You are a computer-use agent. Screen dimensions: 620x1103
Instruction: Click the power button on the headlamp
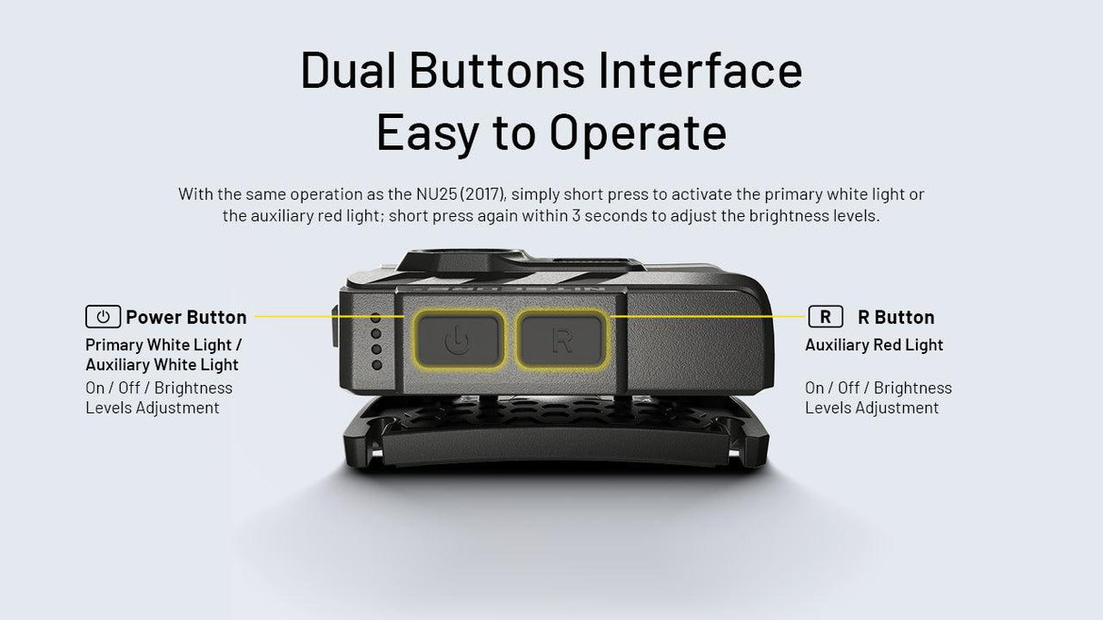[x=458, y=340]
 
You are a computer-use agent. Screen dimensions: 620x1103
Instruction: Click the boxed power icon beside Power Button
[x=103, y=317]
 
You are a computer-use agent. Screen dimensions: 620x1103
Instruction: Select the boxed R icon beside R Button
[x=825, y=317]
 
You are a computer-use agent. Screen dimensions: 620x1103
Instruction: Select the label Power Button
[x=186, y=317]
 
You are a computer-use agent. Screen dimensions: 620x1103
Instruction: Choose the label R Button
[x=896, y=317]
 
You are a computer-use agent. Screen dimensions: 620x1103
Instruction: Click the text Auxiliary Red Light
[x=874, y=345]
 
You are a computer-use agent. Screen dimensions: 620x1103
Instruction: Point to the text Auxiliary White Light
[x=162, y=365]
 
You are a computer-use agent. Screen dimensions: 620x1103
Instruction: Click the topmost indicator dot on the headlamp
[x=376, y=318]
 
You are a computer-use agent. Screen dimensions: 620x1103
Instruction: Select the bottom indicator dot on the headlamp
[x=376, y=365]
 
